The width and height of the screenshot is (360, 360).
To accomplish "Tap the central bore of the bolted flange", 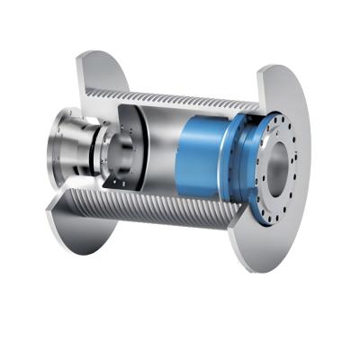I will click(277, 162).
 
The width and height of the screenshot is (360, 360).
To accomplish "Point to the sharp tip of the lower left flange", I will click(47, 213).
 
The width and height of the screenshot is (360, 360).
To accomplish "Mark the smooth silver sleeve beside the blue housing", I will click(162, 157).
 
